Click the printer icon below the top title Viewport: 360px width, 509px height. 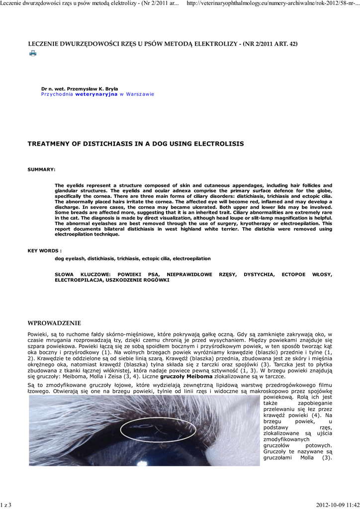[33, 53]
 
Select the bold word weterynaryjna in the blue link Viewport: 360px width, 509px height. [96, 94]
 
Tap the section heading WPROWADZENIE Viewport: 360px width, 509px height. [54, 323]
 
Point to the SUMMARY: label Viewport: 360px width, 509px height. [41, 170]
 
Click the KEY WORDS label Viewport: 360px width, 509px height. [44, 251]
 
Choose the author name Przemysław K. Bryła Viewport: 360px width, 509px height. [93, 88]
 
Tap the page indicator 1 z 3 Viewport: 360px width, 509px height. [6, 505]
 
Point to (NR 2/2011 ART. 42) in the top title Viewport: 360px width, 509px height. [270, 44]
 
